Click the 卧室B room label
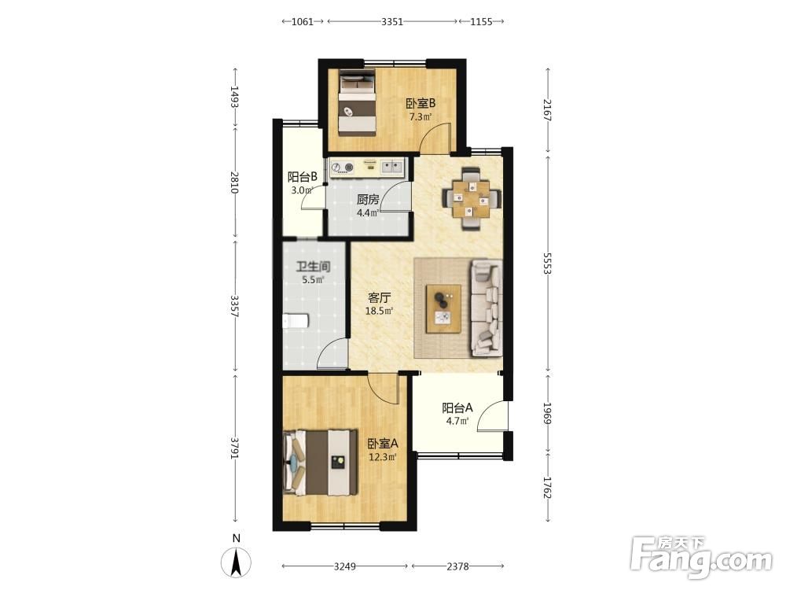point(420,104)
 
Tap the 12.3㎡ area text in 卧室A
point(383,457)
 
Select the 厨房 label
point(367,200)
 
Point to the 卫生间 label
point(313,267)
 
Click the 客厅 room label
point(379,298)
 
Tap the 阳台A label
point(457,407)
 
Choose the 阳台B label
point(303,177)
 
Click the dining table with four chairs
point(472,199)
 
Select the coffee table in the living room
point(443,308)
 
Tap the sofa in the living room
point(487,308)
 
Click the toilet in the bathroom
point(295,321)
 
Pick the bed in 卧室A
point(321,462)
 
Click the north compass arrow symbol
point(237,562)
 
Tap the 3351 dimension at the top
point(392,21)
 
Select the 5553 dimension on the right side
point(547,264)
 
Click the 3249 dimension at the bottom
point(345,566)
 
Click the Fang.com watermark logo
point(701,557)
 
